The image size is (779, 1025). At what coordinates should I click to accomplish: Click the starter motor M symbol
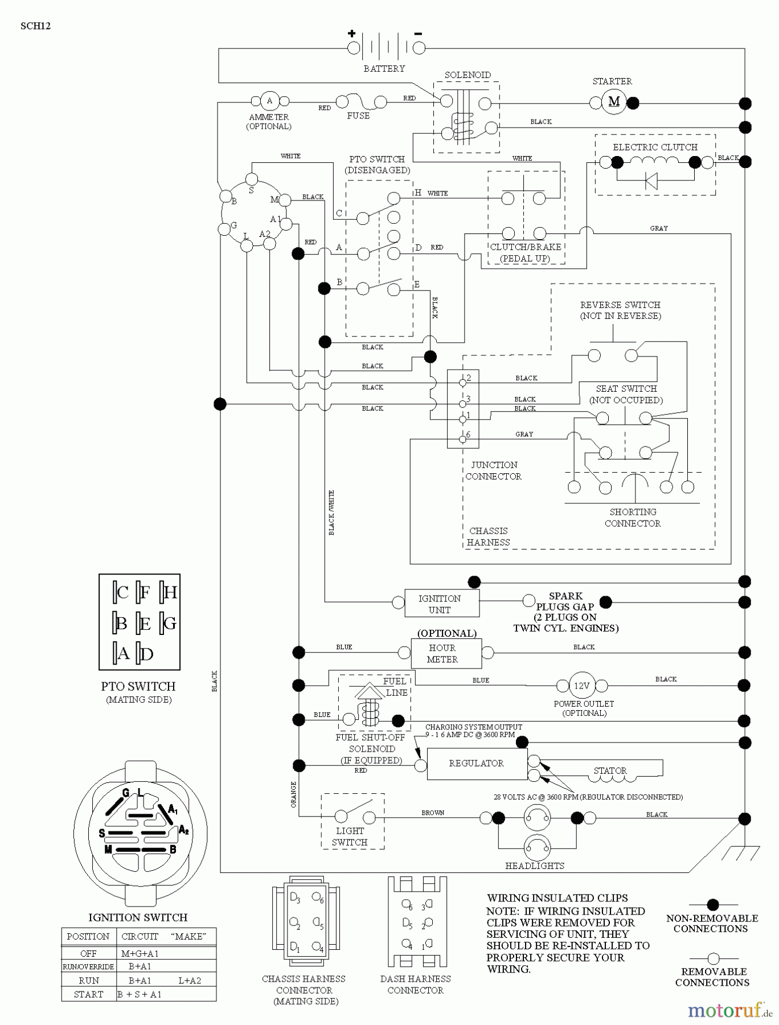pyautogui.click(x=614, y=102)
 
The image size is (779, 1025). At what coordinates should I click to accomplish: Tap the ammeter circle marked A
pyautogui.click(x=269, y=101)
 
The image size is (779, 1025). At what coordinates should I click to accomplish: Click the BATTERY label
pyautogui.click(x=384, y=68)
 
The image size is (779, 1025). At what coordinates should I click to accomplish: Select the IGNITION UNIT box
pyautogui.click(x=441, y=604)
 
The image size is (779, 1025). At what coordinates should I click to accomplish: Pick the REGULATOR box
pyautogui.click(x=477, y=763)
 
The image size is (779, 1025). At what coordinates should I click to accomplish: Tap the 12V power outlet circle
pyautogui.click(x=581, y=686)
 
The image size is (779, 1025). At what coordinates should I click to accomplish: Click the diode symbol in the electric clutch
pyautogui.click(x=651, y=181)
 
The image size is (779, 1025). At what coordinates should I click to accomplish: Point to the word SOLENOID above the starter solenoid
pyautogui.click(x=468, y=75)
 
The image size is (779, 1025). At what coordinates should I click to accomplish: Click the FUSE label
pyautogui.click(x=358, y=116)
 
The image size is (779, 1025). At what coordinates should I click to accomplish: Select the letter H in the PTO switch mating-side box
pyautogui.click(x=170, y=593)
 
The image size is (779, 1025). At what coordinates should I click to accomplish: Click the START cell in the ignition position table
pyautogui.click(x=88, y=994)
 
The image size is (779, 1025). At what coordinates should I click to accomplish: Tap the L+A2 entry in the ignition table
pyautogui.click(x=189, y=981)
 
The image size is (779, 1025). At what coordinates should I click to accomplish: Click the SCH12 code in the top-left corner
pyautogui.click(x=35, y=26)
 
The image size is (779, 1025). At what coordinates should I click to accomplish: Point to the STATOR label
pyautogui.click(x=610, y=770)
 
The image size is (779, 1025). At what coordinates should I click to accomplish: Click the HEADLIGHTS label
pyautogui.click(x=535, y=866)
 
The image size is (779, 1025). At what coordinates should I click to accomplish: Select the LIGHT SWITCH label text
pyautogui.click(x=350, y=837)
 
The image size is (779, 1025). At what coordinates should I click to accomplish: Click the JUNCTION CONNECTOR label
pyautogui.click(x=494, y=470)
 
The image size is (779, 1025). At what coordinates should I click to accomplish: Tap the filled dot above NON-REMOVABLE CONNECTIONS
pyautogui.click(x=712, y=904)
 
